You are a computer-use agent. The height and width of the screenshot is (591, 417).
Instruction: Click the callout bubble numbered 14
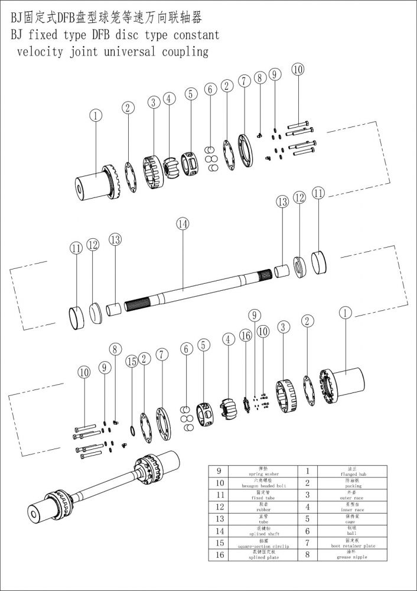182,223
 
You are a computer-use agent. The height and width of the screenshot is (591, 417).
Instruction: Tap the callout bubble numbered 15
131,360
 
